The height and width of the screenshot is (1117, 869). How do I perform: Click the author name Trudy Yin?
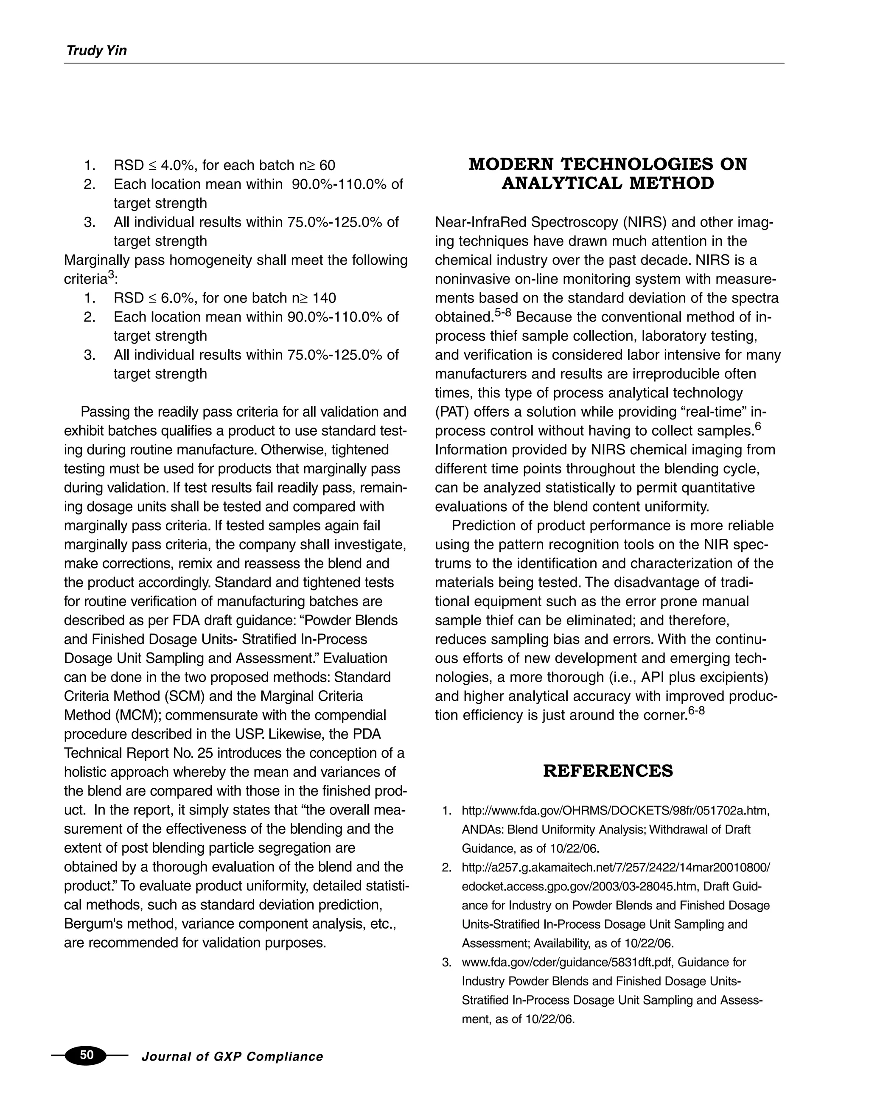click(x=96, y=50)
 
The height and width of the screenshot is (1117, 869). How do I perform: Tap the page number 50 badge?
click(x=87, y=1055)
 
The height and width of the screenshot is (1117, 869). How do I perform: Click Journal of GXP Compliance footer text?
click(x=232, y=1057)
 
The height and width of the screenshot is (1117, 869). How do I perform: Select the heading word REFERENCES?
click(x=608, y=771)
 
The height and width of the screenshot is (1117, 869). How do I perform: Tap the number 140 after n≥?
click(x=324, y=298)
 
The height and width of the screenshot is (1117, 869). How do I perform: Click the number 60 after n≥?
click(x=327, y=166)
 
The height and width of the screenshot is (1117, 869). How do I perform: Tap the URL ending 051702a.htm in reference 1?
click(x=615, y=811)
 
